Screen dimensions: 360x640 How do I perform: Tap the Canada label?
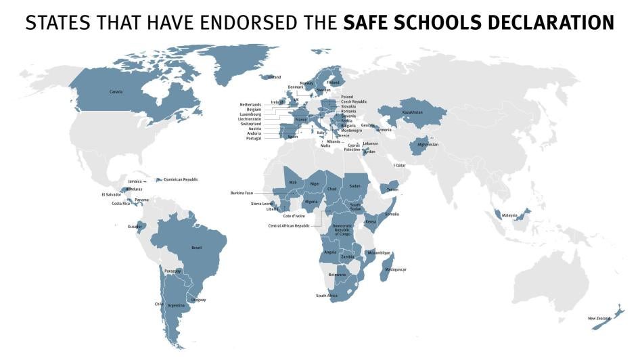(x=116, y=91)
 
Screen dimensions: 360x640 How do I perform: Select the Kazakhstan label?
(x=412, y=112)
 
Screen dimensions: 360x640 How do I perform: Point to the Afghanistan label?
(x=428, y=144)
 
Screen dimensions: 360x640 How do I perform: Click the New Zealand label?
(x=598, y=318)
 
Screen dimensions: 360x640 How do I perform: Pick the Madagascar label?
(x=396, y=269)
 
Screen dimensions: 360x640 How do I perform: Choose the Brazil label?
(x=197, y=248)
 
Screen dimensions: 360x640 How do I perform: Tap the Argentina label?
(x=176, y=305)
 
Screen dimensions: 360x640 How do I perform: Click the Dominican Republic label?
(x=181, y=179)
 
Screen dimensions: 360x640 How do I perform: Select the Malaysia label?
(x=509, y=215)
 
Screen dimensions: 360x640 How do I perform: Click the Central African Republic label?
(x=289, y=225)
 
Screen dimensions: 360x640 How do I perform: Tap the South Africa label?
(x=327, y=296)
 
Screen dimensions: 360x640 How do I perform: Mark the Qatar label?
(x=401, y=165)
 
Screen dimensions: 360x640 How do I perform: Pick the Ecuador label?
(x=135, y=226)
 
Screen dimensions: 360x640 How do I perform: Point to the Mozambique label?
(x=379, y=253)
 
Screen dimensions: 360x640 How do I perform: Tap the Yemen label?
(x=392, y=189)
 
